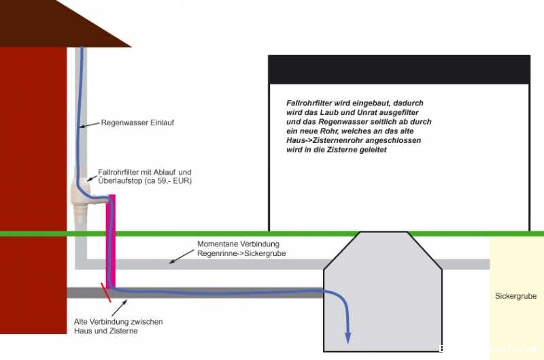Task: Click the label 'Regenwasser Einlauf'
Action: pos(133,123)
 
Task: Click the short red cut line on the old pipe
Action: pos(106,293)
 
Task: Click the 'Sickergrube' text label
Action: pos(516,296)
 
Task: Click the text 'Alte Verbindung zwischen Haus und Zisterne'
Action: pos(118,326)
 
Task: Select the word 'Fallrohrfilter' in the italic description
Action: pos(309,103)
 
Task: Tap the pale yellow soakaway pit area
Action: pos(516,320)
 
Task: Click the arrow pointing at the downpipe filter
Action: pos(92,176)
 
